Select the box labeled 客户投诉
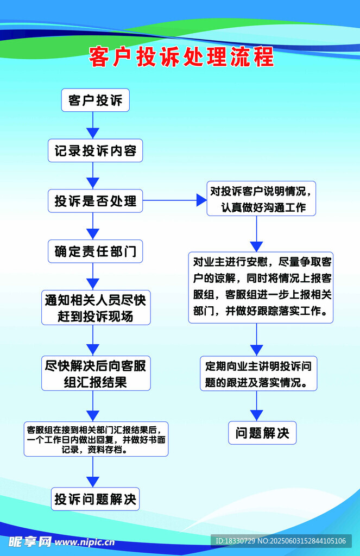click(96, 100)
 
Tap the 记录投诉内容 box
click(96, 151)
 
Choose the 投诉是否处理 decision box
click(96, 201)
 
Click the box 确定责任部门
click(96, 251)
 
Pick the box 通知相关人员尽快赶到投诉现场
click(96, 307)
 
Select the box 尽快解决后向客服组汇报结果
click(96, 374)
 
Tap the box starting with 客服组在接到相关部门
click(96, 439)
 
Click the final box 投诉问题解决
click(96, 499)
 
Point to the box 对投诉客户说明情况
click(261, 199)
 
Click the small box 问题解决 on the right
click(262, 433)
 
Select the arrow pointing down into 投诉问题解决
click(93, 472)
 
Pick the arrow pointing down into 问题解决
click(257, 406)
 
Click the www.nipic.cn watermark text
click(85, 541)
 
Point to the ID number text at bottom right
click(281, 541)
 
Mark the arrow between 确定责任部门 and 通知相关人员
click(93, 277)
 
